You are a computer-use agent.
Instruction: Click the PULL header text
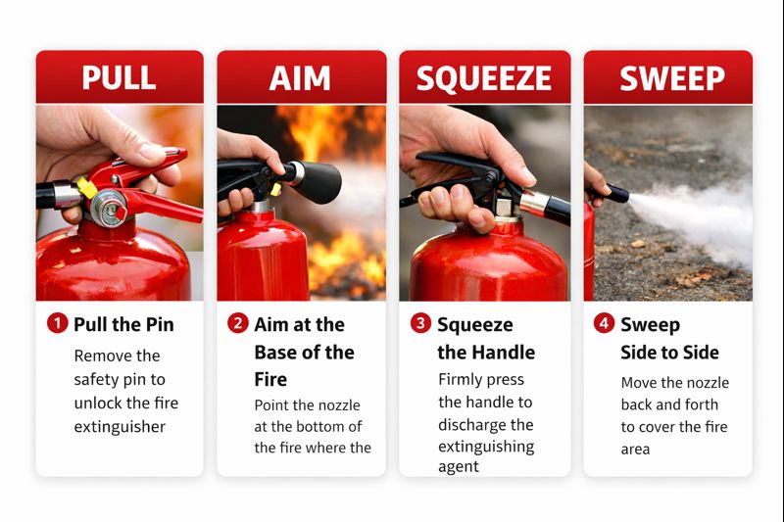119,77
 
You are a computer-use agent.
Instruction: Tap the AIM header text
300,78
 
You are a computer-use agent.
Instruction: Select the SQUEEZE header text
484,78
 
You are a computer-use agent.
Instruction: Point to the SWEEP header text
672,78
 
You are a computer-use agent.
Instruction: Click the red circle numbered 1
58,323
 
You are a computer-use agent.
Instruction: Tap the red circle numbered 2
238,323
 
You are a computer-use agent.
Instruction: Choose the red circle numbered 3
421,323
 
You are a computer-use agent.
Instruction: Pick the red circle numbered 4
604,323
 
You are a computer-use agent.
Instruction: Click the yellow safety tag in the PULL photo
87,187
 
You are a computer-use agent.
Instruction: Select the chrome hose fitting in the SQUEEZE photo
534,204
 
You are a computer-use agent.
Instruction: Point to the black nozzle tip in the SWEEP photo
616,193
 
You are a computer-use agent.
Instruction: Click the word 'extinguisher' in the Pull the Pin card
120,427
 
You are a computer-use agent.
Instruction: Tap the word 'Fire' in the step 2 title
270,380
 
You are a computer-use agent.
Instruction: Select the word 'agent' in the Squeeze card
459,467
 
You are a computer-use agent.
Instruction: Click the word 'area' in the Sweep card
635,450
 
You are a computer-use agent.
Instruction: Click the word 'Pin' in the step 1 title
160,324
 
